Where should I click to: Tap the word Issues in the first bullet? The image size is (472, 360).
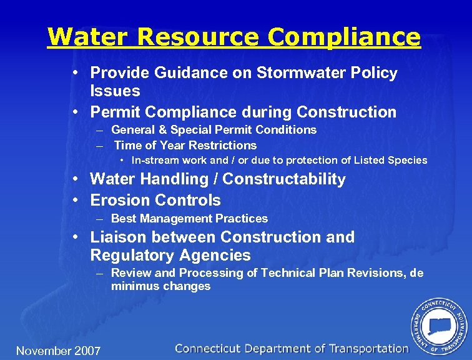[x=115, y=91]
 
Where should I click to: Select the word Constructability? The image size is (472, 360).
[x=284, y=179]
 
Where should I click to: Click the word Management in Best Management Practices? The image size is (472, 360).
[x=178, y=219]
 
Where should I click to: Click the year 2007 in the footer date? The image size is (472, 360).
[x=87, y=351]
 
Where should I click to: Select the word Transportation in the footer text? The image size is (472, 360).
[x=368, y=349]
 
